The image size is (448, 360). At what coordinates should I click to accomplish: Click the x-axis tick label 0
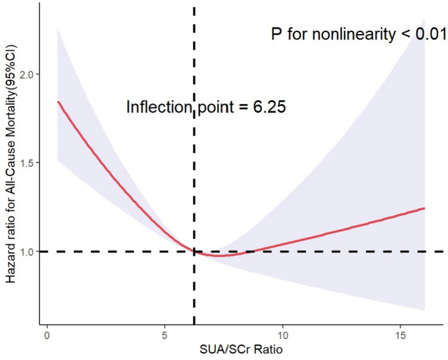(46, 334)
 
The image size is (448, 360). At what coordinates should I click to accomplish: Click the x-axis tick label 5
(165, 334)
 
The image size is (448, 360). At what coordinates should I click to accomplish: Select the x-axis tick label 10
(283, 334)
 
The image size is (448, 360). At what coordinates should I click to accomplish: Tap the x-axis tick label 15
(401, 334)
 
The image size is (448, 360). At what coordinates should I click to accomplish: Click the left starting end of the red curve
(58, 101)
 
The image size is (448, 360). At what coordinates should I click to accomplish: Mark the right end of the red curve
(424, 208)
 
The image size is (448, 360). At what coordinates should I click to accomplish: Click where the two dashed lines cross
(194, 251)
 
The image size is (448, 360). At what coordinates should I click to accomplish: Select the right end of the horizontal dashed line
(443, 251)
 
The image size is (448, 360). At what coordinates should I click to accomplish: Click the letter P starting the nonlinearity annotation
(277, 33)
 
